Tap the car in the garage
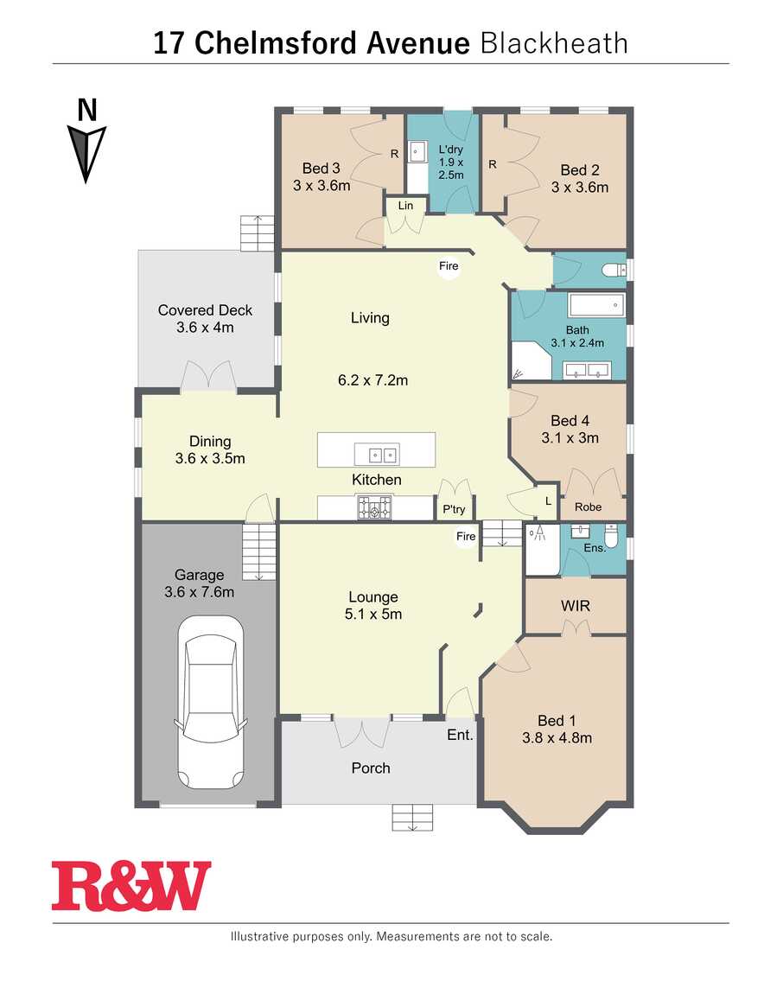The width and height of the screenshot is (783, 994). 211,703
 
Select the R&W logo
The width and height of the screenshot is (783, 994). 131,886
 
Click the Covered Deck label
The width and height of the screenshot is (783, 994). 205,310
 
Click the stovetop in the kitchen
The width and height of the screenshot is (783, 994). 375,507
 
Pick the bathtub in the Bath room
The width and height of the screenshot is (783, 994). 596,305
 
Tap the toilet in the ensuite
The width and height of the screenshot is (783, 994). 610,536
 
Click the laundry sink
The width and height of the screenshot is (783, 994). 417,152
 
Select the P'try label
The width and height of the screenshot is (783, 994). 454,509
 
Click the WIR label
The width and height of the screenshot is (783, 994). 575,606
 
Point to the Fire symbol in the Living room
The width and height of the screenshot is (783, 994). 449,266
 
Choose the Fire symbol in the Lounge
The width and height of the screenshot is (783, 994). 466,536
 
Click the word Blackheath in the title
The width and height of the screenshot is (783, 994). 554,44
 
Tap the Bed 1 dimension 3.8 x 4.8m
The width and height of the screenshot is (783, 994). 557,738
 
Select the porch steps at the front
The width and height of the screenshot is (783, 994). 412,817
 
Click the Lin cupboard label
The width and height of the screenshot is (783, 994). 405,206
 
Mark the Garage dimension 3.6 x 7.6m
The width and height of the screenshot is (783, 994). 199,592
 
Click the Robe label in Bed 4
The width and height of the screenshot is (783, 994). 588,507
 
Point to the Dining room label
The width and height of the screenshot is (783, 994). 210,441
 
